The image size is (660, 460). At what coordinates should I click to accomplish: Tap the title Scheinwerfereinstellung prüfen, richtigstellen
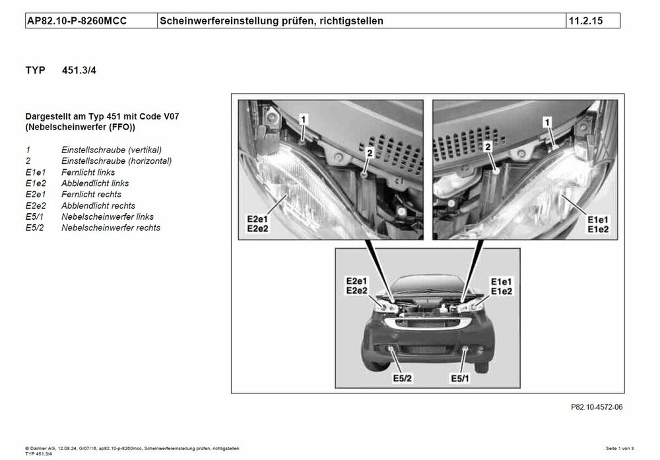click(271, 21)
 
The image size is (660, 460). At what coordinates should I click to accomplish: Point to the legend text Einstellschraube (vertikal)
click(111, 150)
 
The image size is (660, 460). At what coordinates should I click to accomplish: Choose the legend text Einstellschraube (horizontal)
click(116, 161)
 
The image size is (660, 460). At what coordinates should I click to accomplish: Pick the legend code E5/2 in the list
click(36, 228)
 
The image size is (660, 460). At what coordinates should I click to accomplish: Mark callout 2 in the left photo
click(370, 153)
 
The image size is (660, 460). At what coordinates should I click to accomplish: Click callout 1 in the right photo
click(546, 121)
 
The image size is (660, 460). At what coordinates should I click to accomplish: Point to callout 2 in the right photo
click(488, 147)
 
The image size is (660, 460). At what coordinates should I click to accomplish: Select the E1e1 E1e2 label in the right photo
click(596, 224)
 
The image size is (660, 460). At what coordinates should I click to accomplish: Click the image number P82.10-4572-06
click(592, 407)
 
